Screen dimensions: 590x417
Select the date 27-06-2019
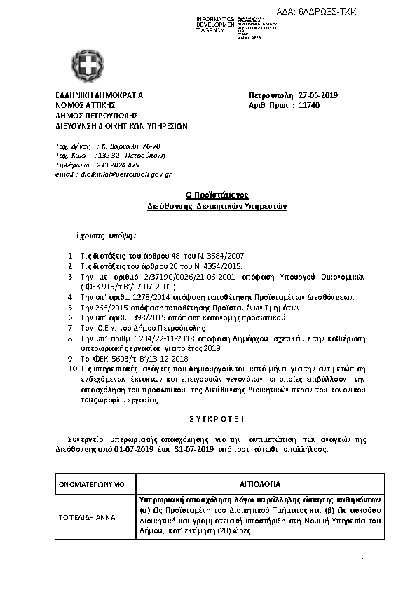tap(319, 95)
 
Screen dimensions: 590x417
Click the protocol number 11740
tap(308, 105)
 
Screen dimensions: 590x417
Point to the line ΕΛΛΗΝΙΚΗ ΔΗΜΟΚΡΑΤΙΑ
tap(99, 95)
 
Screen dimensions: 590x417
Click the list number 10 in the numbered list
tap(72, 368)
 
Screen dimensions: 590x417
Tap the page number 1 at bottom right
tap(364, 561)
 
